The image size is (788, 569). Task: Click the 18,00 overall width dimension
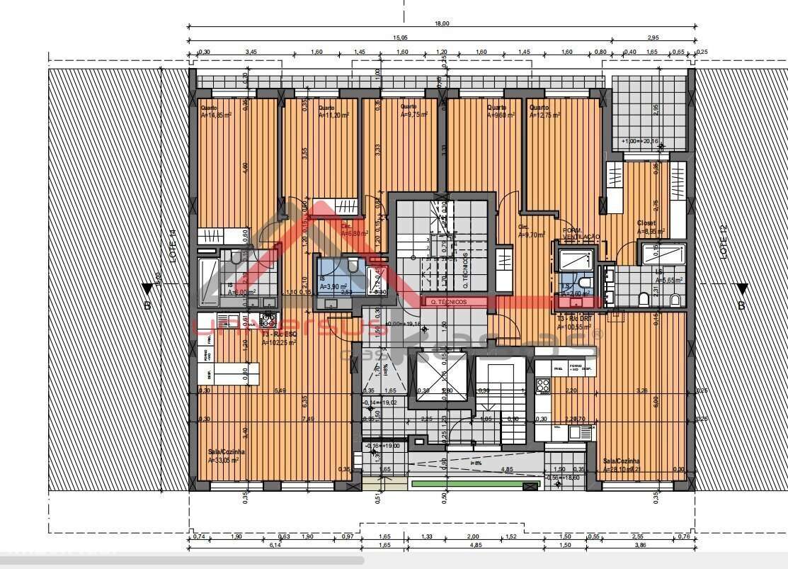pos(441,23)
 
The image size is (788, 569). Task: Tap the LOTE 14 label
pos(172,242)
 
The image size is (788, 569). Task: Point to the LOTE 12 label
pos(724,242)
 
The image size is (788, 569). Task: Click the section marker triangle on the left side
pos(147,289)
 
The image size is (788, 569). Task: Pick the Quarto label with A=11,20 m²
pos(333,111)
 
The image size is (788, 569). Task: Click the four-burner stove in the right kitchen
pos(543,386)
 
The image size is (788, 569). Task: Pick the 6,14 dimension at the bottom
pos(275,545)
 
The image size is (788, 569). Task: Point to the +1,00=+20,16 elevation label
pos(639,141)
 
